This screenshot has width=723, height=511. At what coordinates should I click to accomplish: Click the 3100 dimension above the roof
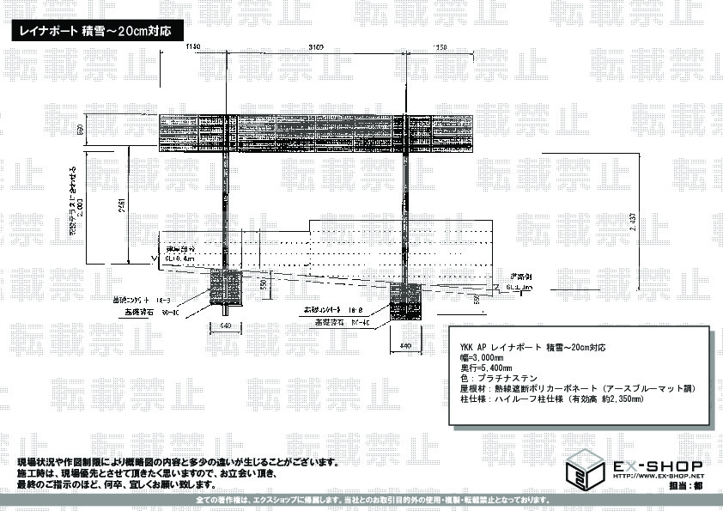312,48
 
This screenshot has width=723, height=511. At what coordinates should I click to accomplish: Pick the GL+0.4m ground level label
183,257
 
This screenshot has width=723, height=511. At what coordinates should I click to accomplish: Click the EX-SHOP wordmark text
657,465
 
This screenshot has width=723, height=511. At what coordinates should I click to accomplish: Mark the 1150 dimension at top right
440,48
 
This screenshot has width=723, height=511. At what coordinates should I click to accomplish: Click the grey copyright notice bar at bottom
373,499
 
